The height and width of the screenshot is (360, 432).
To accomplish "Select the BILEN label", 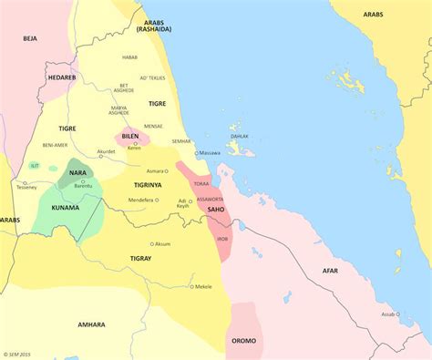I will (x=131, y=136).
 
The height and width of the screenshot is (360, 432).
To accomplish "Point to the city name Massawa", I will (x=211, y=152).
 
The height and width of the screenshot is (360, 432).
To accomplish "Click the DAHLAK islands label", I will (x=239, y=136).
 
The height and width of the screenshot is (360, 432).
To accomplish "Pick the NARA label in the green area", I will (x=77, y=172).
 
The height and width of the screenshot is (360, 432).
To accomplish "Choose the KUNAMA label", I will (x=66, y=208).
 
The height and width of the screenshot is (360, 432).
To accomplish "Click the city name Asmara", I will (x=155, y=170).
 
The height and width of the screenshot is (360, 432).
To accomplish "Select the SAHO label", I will (x=216, y=210).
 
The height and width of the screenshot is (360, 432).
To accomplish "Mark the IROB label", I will (x=221, y=239).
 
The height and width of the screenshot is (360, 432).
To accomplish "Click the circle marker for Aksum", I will (x=152, y=244).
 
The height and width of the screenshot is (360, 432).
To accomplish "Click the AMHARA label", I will (x=91, y=324).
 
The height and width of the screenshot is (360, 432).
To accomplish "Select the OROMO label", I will (x=243, y=341).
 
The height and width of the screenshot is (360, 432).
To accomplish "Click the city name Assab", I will (x=388, y=314).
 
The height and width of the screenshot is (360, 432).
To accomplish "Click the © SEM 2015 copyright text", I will (x=18, y=354).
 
